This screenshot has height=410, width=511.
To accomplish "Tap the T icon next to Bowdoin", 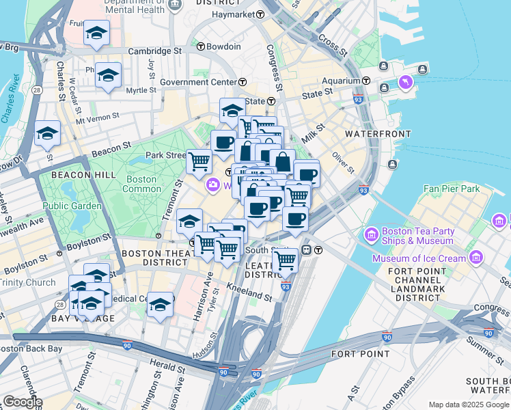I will tap(201, 46).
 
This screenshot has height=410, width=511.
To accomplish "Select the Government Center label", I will tap(198, 82).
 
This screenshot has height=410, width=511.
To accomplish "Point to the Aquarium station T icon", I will tap(366, 81).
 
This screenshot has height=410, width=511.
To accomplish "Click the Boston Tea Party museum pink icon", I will tap(372, 235).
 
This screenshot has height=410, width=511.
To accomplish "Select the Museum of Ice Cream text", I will tap(419, 258).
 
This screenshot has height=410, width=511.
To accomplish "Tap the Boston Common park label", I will tap(141, 184).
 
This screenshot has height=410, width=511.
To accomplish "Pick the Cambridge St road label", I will tap(156, 51).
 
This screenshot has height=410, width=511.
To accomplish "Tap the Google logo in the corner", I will tap(22, 402).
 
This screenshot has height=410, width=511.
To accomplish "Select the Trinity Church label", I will tap(27, 282).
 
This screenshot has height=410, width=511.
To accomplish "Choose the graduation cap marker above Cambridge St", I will tap(96, 33).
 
